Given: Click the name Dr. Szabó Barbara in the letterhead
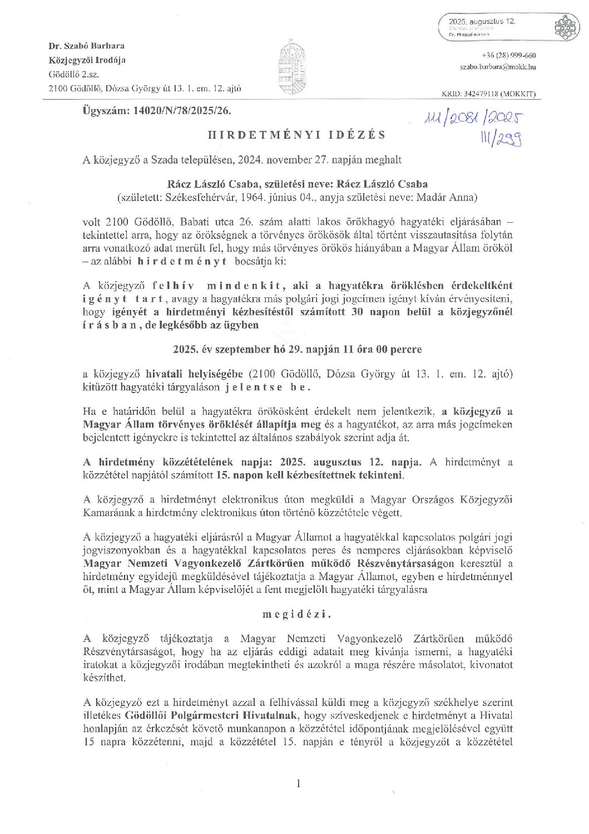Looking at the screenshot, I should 86,46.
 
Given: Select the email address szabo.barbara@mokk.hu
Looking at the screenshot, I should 498,67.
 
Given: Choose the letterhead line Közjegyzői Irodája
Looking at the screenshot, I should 87,60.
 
